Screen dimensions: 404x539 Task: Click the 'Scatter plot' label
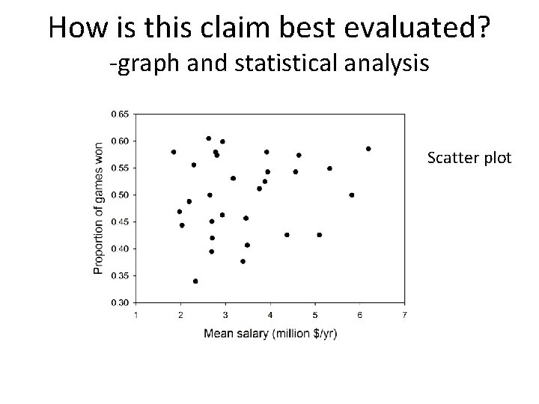pyautogui.click(x=469, y=158)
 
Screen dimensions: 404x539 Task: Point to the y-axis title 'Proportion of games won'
pyautogui.click(x=98, y=208)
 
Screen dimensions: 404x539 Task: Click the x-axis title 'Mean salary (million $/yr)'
pyautogui.click(x=270, y=333)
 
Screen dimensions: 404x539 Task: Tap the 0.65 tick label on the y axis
pyautogui.click(x=120, y=114)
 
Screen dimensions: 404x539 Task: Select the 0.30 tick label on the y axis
pyautogui.click(x=120, y=302)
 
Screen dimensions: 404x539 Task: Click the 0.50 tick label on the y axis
pyautogui.click(x=120, y=195)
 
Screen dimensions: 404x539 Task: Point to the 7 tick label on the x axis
pyautogui.click(x=404, y=314)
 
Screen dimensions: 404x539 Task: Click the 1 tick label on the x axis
pyautogui.click(x=135, y=314)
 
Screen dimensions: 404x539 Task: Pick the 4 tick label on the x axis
pyautogui.click(x=270, y=314)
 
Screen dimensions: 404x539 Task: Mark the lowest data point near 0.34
pyautogui.click(x=195, y=281)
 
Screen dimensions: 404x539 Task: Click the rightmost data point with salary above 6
pyautogui.click(x=368, y=148)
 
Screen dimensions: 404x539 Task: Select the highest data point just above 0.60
pyautogui.click(x=208, y=138)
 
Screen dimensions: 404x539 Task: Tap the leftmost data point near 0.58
pyautogui.click(x=174, y=152)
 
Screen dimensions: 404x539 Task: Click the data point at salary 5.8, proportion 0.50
pyautogui.click(x=352, y=195)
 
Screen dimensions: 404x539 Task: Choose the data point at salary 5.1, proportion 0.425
pyautogui.click(x=320, y=235)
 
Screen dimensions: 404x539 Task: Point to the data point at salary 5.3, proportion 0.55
pyautogui.click(x=329, y=168)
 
